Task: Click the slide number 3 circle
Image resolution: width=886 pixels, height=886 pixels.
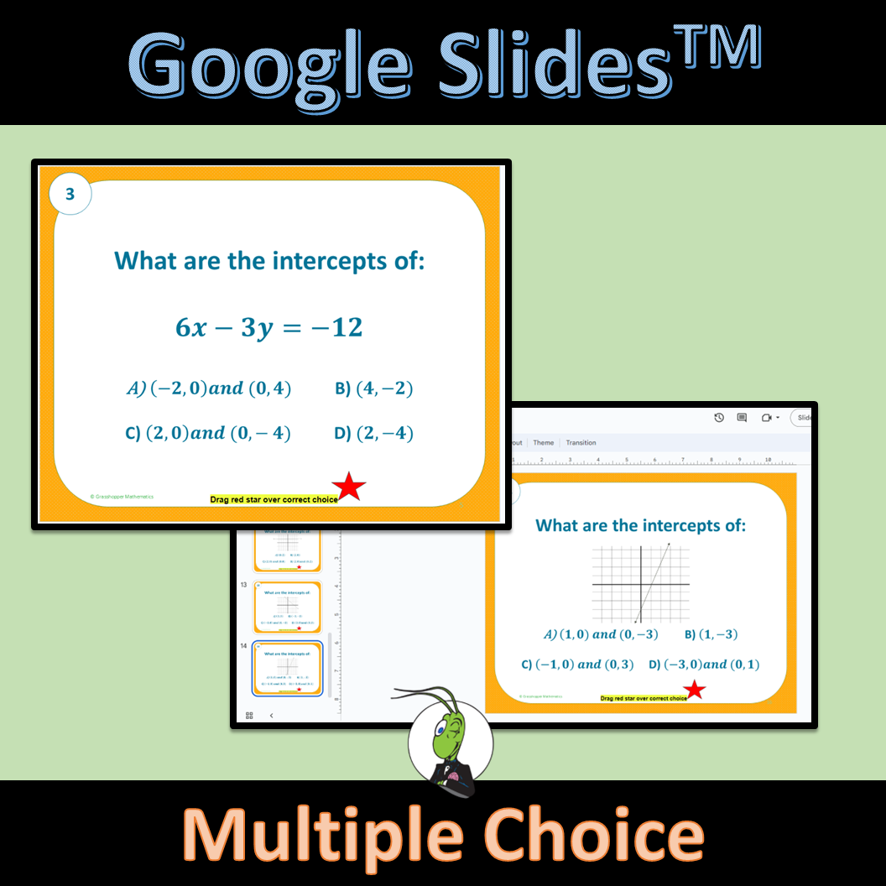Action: click(70, 195)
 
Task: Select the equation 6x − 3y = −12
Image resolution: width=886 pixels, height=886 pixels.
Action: click(268, 327)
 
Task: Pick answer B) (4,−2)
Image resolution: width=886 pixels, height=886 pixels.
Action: click(373, 388)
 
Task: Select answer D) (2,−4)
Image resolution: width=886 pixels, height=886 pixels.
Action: click(373, 433)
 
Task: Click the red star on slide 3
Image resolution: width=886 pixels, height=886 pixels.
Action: click(349, 487)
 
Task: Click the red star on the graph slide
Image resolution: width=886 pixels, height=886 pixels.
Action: click(694, 691)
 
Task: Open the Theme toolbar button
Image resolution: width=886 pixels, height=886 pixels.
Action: click(544, 442)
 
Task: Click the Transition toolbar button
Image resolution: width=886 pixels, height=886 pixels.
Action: click(581, 442)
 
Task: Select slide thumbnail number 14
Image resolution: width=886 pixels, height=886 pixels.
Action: click(288, 668)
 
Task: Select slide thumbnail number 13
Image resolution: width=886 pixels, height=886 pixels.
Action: click(288, 607)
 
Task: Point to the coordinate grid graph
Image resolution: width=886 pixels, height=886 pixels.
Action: click(640, 583)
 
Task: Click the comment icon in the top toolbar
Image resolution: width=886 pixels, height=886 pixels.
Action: click(742, 417)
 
